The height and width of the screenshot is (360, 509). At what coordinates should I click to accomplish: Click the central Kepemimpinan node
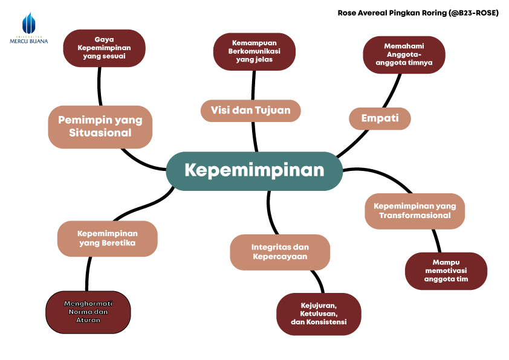point(254,171)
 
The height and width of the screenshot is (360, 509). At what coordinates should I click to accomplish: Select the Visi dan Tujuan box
point(250,111)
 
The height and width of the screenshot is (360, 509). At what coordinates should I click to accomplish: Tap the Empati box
point(380,118)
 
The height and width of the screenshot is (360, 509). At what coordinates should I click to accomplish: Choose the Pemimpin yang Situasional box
point(100,126)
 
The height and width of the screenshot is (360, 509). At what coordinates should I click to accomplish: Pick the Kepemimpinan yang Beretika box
point(108,239)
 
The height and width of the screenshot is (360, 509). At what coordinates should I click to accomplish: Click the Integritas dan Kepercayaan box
point(280,252)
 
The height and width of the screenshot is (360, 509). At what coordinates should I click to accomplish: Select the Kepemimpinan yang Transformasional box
point(415,211)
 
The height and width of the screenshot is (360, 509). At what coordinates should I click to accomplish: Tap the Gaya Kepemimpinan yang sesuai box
point(104,48)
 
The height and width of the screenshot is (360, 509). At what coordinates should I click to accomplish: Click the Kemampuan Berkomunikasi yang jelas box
point(254,51)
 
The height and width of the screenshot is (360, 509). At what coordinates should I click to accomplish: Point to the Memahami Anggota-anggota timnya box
point(404,54)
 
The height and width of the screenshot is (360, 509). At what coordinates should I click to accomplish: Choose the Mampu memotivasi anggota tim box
point(446,271)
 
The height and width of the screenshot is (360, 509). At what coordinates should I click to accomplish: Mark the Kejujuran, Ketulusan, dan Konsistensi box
point(319,314)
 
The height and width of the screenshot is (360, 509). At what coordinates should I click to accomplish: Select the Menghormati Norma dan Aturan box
point(88,312)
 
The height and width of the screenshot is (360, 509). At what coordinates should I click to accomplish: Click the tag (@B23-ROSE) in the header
point(473,13)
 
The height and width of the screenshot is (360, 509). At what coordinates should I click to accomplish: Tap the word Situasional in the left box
point(100,133)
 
